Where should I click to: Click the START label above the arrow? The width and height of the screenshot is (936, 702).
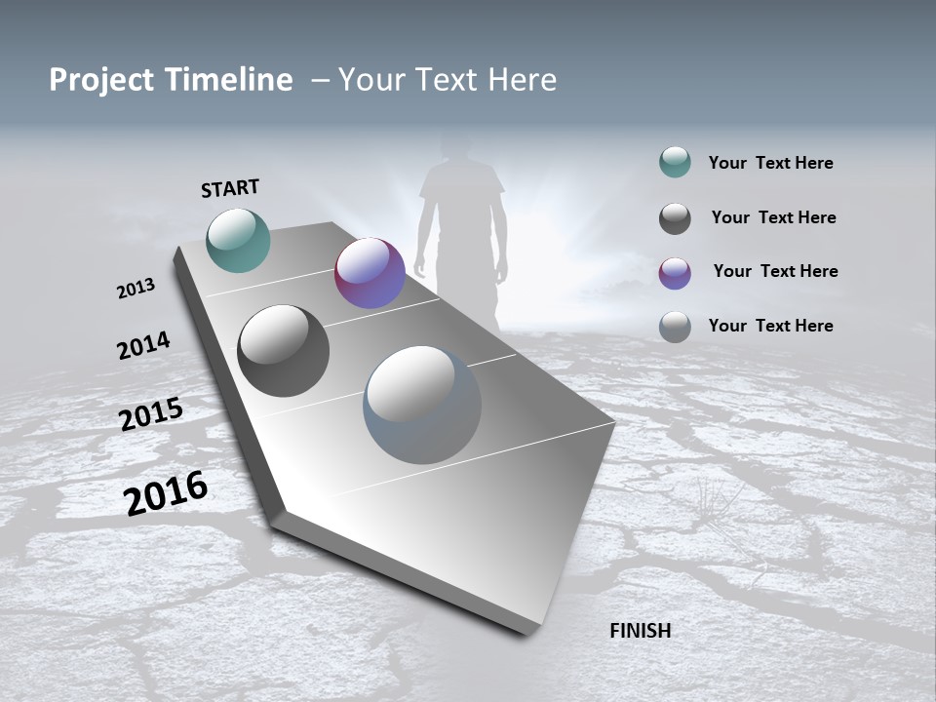230,188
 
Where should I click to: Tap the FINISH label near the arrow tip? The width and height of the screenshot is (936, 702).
641,631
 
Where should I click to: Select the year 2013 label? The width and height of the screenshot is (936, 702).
136,289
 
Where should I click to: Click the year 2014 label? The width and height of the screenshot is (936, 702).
144,345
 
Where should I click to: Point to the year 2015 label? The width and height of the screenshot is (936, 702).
151,414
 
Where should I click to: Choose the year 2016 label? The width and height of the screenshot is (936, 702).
166,492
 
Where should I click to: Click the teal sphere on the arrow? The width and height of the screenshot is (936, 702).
239,240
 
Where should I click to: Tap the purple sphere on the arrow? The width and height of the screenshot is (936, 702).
370,273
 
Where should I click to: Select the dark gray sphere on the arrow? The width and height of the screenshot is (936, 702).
284,351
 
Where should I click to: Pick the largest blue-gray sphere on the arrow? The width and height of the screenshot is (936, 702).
422,405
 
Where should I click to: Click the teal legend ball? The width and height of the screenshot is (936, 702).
675,163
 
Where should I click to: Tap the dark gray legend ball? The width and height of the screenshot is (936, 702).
675,218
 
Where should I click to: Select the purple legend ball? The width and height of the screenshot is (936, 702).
675,273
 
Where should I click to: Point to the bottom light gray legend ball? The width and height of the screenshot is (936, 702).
675,327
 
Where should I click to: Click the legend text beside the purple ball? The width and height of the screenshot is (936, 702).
775,271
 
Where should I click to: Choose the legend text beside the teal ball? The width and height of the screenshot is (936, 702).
770,163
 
